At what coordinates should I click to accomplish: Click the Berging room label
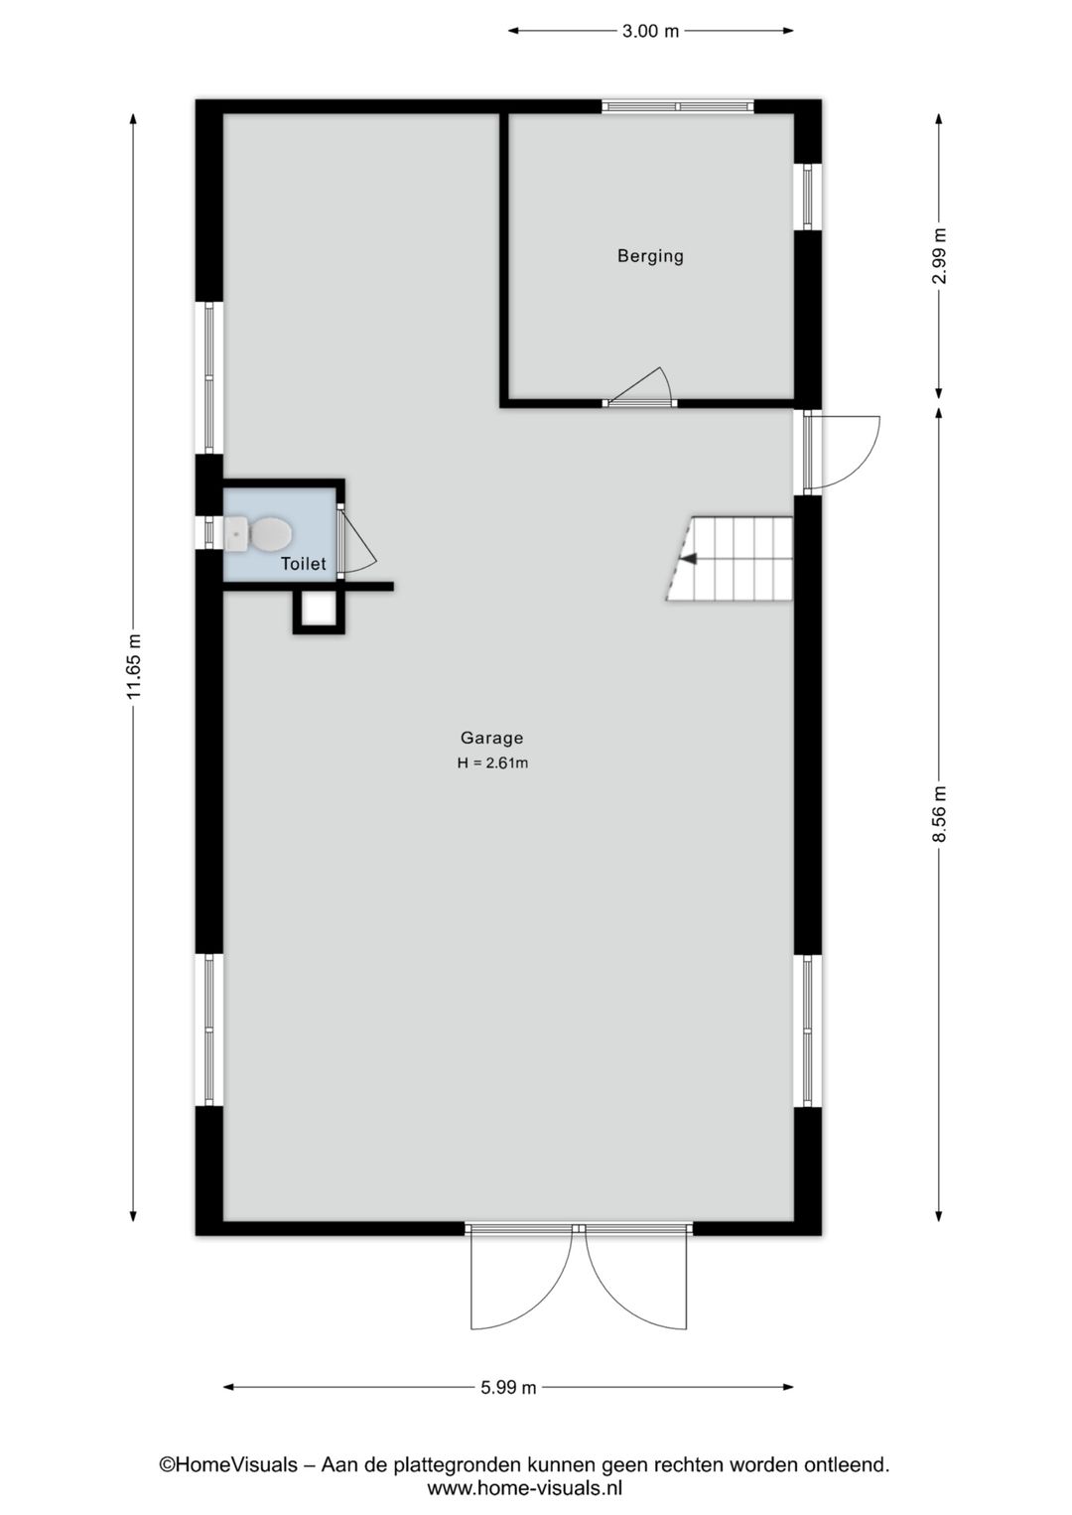pyautogui.click(x=650, y=256)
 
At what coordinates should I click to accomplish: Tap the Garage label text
pyautogui.click(x=491, y=738)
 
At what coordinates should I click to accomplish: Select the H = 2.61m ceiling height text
pyautogui.click(x=492, y=762)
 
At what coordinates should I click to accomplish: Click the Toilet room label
pyautogui.click(x=303, y=563)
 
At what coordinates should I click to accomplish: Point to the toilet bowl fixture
pyautogui.click(x=260, y=533)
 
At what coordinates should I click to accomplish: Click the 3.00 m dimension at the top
pyautogui.click(x=650, y=31)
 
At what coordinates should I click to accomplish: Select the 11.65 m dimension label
pyautogui.click(x=133, y=666)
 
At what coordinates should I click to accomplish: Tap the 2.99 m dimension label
pyautogui.click(x=939, y=256)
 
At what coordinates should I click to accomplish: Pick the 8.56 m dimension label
pyautogui.click(x=939, y=814)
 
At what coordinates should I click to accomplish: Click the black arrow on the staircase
pyautogui.click(x=689, y=559)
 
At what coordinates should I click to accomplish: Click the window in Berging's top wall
pyautogui.click(x=677, y=106)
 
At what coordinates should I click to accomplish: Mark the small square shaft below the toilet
pyautogui.click(x=319, y=611)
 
